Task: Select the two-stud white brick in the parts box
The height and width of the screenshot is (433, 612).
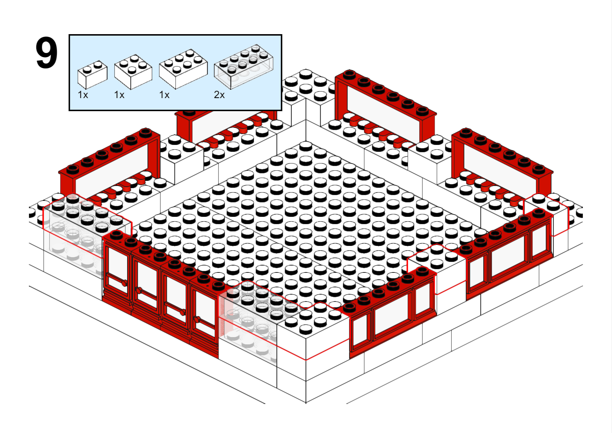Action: pyautogui.click(x=92, y=74)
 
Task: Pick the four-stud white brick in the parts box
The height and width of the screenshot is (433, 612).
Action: pyautogui.click(x=133, y=72)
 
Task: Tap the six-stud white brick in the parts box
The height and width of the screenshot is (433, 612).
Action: pyautogui.click(x=183, y=69)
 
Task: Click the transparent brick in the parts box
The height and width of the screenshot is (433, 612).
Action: pyautogui.click(x=244, y=67)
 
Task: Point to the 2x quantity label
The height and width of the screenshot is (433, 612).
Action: pyautogui.click(x=219, y=95)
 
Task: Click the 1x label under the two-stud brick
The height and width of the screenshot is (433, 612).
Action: pyautogui.click(x=83, y=95)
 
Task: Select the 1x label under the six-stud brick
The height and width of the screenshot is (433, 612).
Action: pyautogui.click(x=164, y=95)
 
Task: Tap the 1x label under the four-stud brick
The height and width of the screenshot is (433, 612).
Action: pyautogui.click(x=119, y=95)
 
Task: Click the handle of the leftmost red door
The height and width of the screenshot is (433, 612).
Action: pyautogui.click(x=124, y=283)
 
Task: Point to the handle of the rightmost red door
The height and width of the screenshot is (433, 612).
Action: pyautogui.click(x=197, y=319)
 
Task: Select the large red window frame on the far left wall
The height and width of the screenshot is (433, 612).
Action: pyautogui.click(x=109, y=166)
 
